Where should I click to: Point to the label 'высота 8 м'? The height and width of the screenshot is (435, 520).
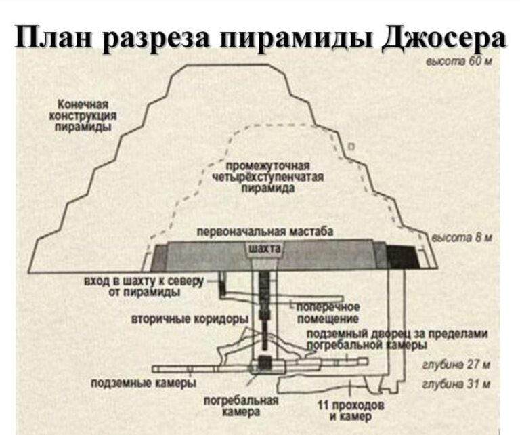pos(463,239)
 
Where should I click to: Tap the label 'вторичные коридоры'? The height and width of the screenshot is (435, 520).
pos(190,318)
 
